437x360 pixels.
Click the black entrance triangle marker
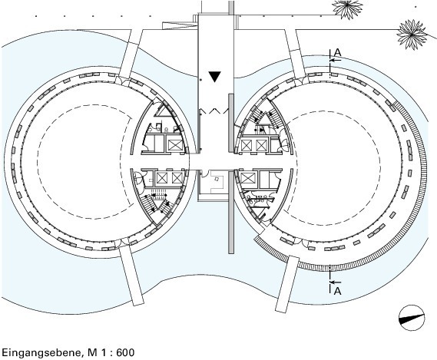pos(214,77)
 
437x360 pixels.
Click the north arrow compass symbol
pos(412,318)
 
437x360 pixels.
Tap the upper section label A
pos(337,52)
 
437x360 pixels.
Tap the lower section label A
pos(337,291)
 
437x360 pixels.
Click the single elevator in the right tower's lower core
pos(248,178)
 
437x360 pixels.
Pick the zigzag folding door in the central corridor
pos(214,111)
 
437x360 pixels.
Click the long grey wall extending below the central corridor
pos(230,212)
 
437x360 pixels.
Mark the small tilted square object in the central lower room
pos(217,180)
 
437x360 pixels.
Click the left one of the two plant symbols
pos(348,8)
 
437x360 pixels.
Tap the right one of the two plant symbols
pos(412,35)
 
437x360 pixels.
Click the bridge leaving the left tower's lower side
pos(132,271)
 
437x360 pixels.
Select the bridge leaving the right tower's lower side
pos(286,284)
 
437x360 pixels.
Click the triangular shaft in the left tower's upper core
pos(165,112)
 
